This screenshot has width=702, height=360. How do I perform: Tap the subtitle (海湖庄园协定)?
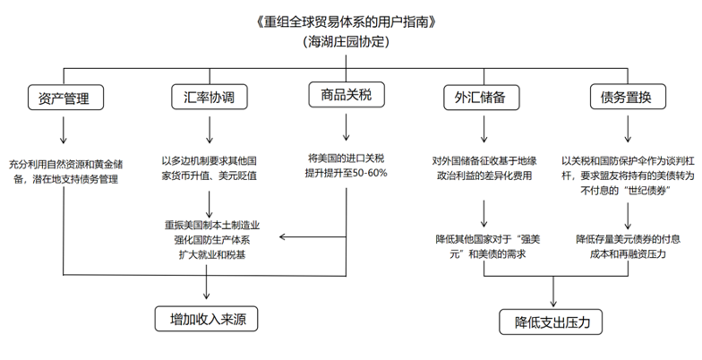click(x=347, y=41)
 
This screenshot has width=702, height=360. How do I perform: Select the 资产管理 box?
click(x=64, y=98)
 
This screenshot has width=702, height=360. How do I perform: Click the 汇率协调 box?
click(x=209, y=98)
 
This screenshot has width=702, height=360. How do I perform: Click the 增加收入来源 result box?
click(x=208, y=319)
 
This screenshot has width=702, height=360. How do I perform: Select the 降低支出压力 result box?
click(x=552, y=321)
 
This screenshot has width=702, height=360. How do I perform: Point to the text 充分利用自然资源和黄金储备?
click(x=66, y=165)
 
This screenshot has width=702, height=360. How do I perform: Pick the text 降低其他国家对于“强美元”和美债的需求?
click(x=484, y=246)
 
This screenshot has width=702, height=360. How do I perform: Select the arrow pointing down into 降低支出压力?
click(x=554, y=294)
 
